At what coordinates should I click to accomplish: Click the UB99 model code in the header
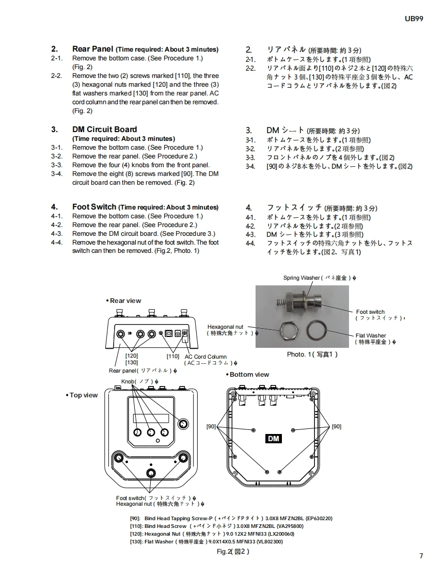[x=414, y=19]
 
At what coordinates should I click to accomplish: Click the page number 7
[x=421, y=556]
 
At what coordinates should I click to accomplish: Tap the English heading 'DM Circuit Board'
[x=104, y=130]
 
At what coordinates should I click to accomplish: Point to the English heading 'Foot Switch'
[x=94, y=207]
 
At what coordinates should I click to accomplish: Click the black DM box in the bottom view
[x=274, y=439]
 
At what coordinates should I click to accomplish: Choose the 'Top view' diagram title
[x=83, y=395]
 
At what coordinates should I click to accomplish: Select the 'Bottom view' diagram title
[x=249, y=375]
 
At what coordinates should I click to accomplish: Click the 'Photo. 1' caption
[x=312, y=355]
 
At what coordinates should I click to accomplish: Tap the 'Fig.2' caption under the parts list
[x=233, y=552]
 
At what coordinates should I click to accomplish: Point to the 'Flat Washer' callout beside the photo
[x=371, y=335]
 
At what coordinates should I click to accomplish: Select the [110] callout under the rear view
[x=172, y=356]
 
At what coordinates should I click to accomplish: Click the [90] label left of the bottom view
[x=211, y=426]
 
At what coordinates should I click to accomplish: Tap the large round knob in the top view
[x=182, y=424]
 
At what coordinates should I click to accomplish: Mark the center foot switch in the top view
[x=151, y=473]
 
